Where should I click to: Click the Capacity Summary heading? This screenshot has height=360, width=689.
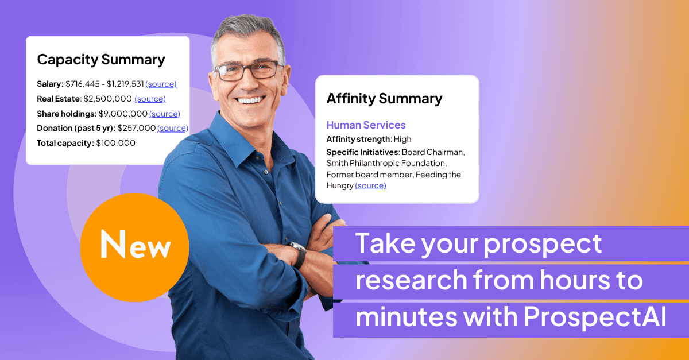coord(101,59)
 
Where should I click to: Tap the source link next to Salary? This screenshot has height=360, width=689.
coord(161,84)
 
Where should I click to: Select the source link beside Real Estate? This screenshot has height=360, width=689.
coord(150,99)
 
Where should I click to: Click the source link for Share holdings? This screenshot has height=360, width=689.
coord(165,114)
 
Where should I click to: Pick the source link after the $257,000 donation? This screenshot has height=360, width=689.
coord(173,128)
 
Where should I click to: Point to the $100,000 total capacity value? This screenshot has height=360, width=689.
coord(116,143)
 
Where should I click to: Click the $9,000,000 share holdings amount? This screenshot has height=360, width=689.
coord(123,114)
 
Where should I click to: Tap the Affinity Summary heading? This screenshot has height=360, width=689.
coord(384,98)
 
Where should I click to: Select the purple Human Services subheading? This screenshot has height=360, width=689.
coord(366,125)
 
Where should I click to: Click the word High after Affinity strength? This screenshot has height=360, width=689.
coord(402,139)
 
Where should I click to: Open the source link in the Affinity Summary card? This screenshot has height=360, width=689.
coord(370,185)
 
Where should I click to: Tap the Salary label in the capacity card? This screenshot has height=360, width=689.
coord(50,84)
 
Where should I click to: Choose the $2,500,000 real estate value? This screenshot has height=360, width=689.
coord(107,99)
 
